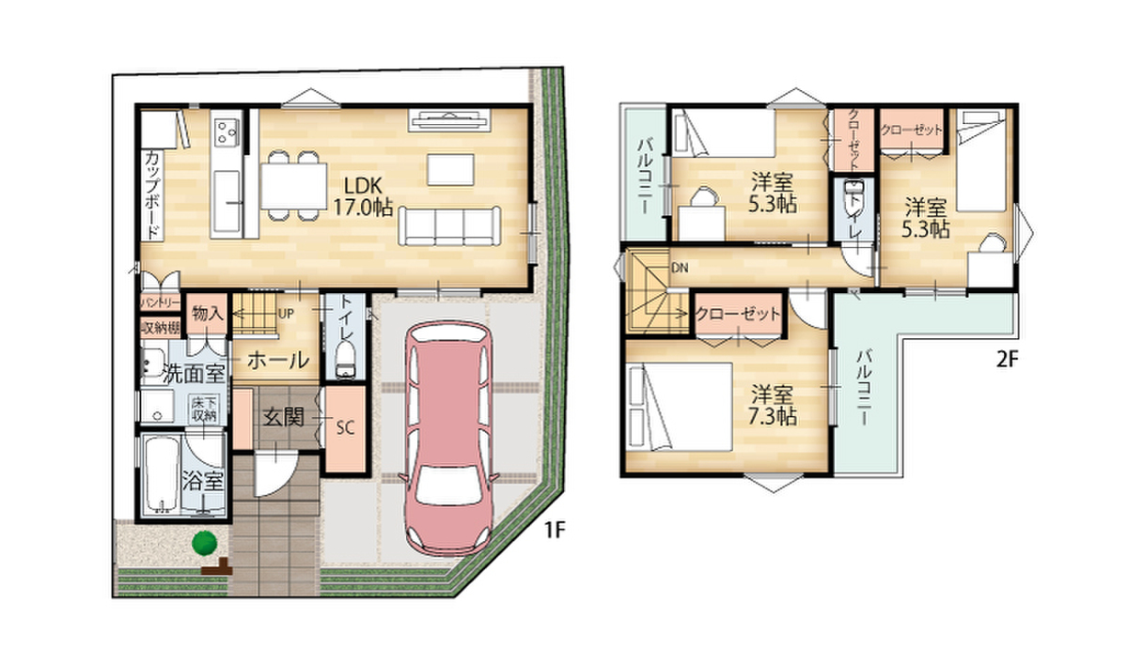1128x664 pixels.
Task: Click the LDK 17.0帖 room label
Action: (363, 196)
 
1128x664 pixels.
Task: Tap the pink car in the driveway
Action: (448, 439)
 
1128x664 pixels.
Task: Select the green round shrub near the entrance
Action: (204, 543)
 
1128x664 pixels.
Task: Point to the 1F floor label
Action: (555, 530)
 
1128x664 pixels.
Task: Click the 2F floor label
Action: (1007, 359)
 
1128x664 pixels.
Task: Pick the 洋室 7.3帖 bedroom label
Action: (772, 406)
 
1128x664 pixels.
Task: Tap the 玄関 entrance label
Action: (284, 417)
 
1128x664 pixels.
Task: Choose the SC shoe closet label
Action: (346, 428)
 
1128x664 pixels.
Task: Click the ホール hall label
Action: (278, 360)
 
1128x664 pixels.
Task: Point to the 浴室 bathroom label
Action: (202, 481)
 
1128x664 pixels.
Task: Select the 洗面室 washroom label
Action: (194, 374)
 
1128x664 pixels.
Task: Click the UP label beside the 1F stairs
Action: (286, 314)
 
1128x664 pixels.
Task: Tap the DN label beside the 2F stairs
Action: (680, 268)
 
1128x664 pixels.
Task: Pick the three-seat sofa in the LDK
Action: (449, 225)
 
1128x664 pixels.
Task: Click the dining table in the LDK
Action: (294, 186)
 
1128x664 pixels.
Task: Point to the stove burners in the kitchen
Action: (227, 131)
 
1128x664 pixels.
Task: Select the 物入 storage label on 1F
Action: (208, 315)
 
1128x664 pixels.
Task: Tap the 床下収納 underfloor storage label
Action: (204, 409)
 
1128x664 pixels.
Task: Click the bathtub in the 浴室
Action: (161, 474)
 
